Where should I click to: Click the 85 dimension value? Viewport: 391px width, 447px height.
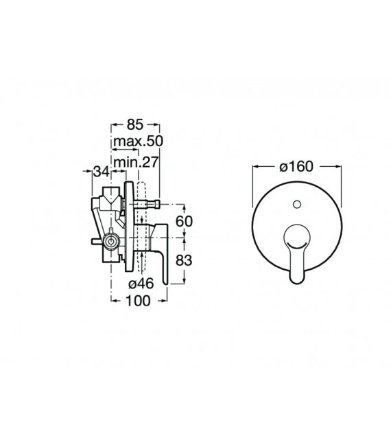pos(134,125)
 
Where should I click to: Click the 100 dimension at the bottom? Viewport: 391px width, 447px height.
pos(139,301)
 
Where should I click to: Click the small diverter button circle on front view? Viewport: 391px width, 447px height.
pos(297,205)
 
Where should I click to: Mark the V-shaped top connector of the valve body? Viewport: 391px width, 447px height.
pos(110,201)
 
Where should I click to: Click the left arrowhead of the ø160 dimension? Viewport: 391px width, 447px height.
pos(255,167)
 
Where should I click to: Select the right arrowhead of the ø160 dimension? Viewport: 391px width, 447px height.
pos(340,167)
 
